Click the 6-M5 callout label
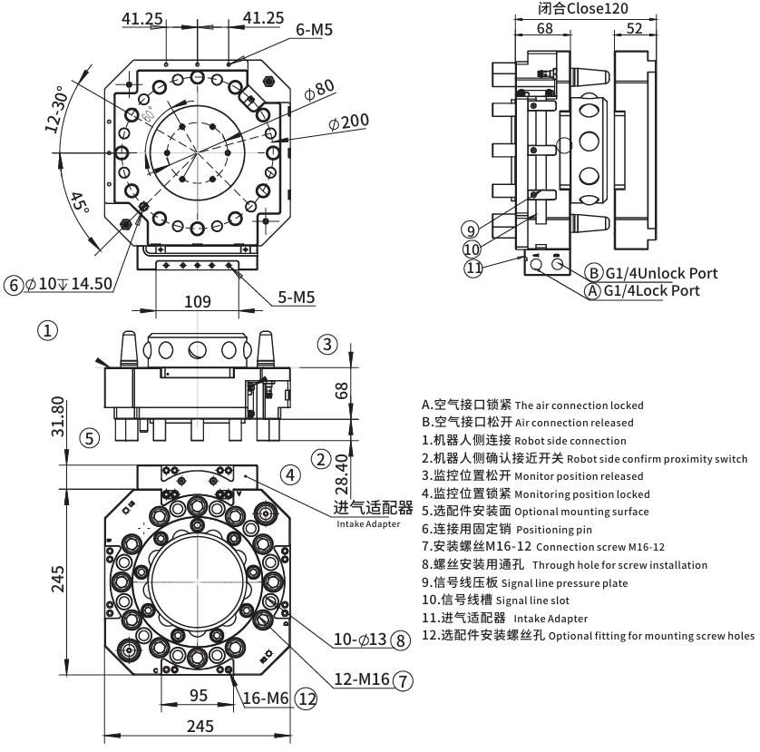pos(315,30)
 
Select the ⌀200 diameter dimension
pos(349,122)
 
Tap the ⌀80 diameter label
pos(319,91)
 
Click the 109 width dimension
pos(198,300)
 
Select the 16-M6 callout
pos(268,698)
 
